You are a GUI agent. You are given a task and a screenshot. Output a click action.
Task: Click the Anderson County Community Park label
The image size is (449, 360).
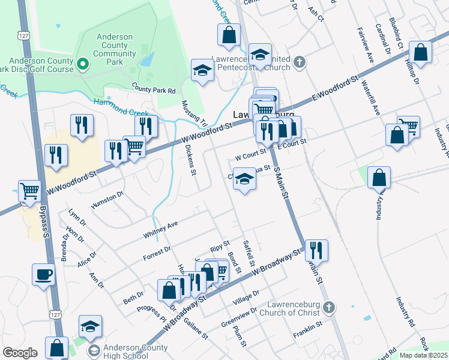[x=114, y=45]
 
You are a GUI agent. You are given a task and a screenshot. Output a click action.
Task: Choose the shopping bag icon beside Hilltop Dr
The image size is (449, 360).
[x=420, y=52]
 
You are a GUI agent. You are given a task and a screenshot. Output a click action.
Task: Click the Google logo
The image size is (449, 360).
[x=20, y=353]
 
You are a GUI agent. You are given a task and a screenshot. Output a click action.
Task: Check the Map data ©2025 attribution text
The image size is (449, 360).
[x=423, y=355]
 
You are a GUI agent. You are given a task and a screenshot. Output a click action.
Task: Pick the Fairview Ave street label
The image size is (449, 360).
[x=365, y=45]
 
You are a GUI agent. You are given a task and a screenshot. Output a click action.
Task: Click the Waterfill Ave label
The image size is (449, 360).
[x=372, y=97]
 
